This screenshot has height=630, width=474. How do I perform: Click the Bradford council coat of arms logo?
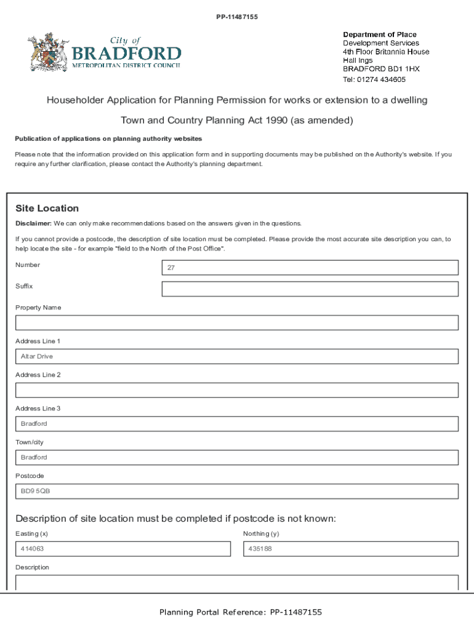(x=44, y=53)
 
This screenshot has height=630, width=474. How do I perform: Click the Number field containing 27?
(x=310, y=268)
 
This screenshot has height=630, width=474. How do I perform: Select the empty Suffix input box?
(x=310, y=289)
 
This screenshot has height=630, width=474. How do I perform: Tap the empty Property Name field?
(x=236, y=323)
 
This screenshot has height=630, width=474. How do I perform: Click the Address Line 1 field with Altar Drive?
(x=236, y=357)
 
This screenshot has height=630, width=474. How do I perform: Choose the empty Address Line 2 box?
(x=236, y=390)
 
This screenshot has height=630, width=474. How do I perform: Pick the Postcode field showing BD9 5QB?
(x=236, y=491)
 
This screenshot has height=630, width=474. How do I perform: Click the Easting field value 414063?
(x=123, y=549)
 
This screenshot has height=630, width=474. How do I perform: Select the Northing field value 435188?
(x=350, y=549)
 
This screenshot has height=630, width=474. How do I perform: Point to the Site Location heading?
(x=47, y=209)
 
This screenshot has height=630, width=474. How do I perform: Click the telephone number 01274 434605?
(x=382, y=79)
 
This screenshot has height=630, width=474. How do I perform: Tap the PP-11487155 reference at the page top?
(x=237, y=17)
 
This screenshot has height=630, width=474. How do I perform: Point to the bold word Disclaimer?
(x=33, y=223)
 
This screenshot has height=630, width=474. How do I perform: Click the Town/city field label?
(x=30, y=442)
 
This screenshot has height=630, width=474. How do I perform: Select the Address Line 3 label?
(x=38, y=409)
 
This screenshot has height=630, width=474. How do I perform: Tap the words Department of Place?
(x=379, y=34)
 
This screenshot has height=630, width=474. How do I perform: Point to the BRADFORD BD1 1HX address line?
(x=381, y=70)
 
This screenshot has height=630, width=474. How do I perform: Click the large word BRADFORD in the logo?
(x=127, y=53)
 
